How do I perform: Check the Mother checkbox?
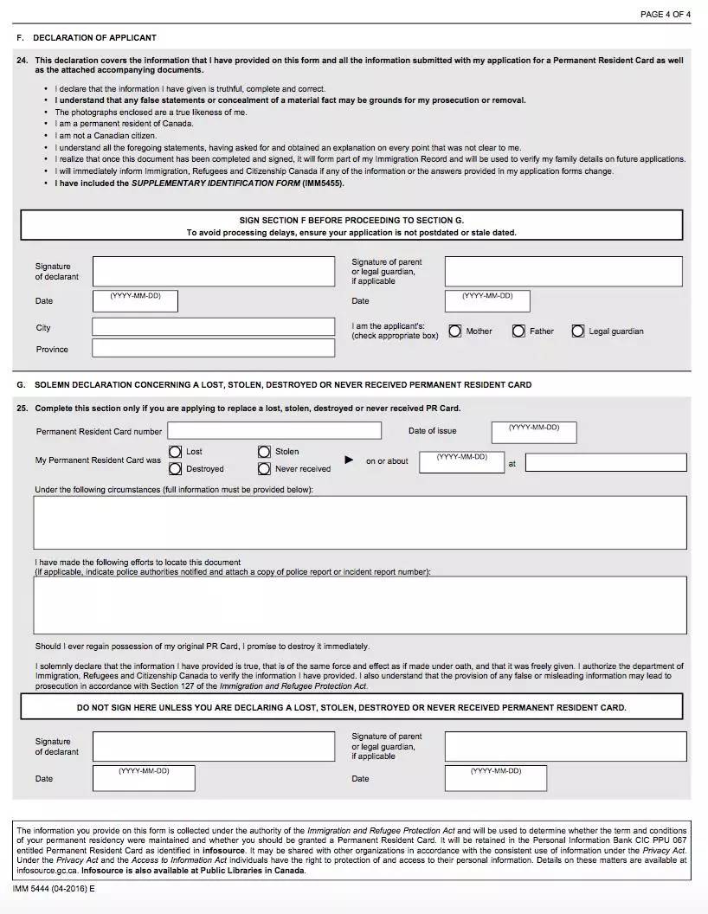[x=455, y=331]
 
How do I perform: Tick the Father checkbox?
[x=518, y=331]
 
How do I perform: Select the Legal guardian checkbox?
[x=578, y=331]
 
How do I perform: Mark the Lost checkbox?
[x=176, y=452]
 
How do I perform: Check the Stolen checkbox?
[x=264, y=452]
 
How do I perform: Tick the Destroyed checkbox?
[x=176, y=469]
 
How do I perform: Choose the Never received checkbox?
[x=264, y=469]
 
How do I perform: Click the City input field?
[x=213, y=327]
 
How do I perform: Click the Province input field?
[x=213, y=348]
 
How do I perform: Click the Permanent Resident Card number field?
[x=274, y=430]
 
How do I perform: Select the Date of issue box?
[x=533, y=433]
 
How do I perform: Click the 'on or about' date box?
[x=461, y=462]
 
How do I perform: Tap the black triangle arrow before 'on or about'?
[x=349, y=460]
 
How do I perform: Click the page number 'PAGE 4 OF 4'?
[x=665, y=15]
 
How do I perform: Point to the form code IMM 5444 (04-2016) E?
[x=54, y=889]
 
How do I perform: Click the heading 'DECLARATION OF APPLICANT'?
[x=94, y=38]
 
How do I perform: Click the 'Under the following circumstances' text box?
[x=360, y=522]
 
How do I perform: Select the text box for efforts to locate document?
[x=360, y=605]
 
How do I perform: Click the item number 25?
[x=22, y=409]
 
